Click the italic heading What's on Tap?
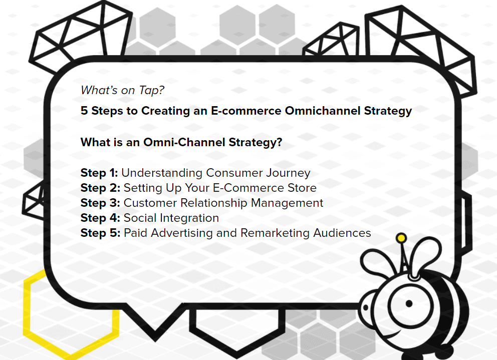122,90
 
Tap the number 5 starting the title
84,111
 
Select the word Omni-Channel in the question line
184,142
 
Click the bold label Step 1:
99,173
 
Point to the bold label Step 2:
101,188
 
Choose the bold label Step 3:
101,203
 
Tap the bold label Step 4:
101,218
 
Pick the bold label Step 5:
101,233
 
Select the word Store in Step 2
302,188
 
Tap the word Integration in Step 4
189,218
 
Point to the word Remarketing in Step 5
275,233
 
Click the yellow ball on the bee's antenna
401,238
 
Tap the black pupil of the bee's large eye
409,303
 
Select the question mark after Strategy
279,142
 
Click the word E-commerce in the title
246,111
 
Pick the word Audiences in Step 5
342,233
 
